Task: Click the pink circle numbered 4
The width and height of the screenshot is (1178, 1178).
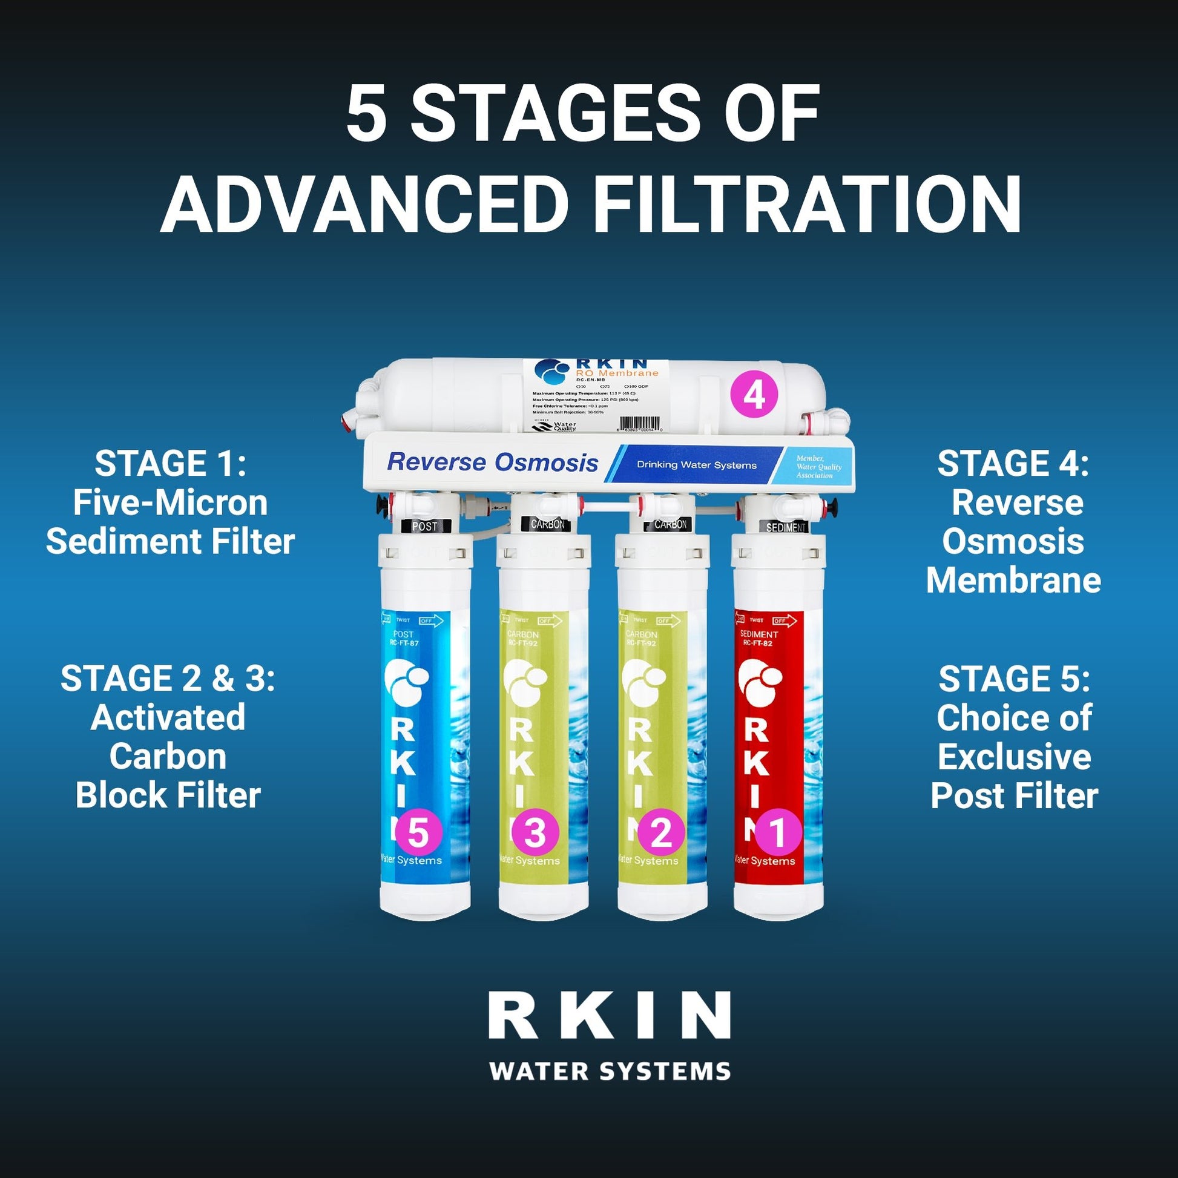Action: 754,397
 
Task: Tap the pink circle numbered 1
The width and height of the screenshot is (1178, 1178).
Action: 778,833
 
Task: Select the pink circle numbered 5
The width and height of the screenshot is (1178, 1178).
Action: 418,833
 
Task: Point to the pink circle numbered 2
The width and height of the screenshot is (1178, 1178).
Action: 661,833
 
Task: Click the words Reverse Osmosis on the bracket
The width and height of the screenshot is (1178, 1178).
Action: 492,462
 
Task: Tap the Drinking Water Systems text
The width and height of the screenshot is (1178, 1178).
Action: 696,466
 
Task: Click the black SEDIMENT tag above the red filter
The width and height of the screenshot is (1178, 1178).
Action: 785,527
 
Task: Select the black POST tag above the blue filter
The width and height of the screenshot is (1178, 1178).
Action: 424,526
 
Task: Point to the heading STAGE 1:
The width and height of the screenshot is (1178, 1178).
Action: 170,464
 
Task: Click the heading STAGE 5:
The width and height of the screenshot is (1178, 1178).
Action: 1013,679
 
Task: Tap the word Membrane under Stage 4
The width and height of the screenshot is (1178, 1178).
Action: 1013,580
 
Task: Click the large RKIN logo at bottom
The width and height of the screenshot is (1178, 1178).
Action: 609,1016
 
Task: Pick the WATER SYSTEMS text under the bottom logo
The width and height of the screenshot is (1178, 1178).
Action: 609,1071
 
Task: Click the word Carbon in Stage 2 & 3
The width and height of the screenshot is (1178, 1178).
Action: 168,757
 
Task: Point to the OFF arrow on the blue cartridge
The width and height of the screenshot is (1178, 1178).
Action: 430,620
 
